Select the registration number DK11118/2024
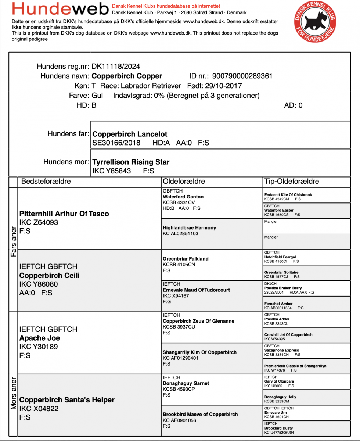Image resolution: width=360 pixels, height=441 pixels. (x=116, y=67)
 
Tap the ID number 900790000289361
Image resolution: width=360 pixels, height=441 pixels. (x=241, y=76)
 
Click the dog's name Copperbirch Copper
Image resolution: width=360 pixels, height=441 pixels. (x=127, y=76)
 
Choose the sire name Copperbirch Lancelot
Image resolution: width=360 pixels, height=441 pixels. (x=130, y=134)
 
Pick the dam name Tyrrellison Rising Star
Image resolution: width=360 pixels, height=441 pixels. (x=131, y=162)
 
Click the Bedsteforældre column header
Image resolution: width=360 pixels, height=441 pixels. (x=46, y=181)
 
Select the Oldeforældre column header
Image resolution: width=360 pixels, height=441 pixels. (x=184, y=181)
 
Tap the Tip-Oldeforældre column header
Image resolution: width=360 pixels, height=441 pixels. (x=292, y=181)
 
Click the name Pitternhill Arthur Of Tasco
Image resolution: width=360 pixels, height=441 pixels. (x=64, y=214)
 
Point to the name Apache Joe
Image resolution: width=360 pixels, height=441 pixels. (x=40, y=338)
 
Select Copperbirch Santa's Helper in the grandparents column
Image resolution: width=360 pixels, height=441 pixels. (x=67, y=400)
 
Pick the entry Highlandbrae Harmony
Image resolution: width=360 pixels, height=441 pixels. (x=189, y=228)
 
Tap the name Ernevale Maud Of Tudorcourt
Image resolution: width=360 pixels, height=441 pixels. (x=196, y=290)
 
